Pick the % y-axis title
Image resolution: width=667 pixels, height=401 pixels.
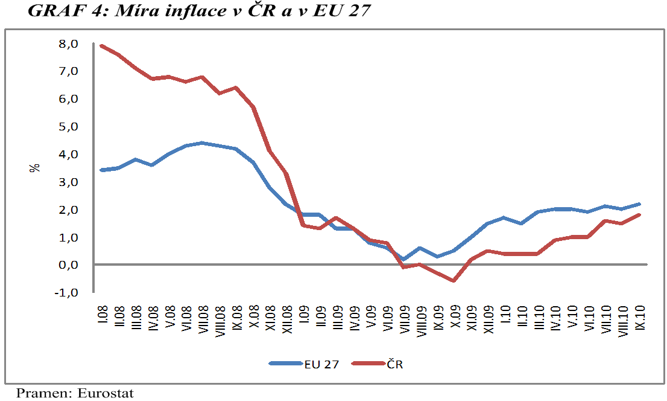[x=34, y=167]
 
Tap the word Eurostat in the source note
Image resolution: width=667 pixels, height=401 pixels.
[x=106, y=393]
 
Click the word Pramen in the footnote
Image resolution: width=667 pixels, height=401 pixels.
[x=43, y=393]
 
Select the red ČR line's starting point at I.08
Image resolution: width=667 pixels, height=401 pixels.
[x=102, y=46]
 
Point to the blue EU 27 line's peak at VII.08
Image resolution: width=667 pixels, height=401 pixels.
[x=202, y=143]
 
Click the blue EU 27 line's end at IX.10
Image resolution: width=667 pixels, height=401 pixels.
[x=639, y=204]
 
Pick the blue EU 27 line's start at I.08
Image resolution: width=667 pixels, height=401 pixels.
[x=102, y=170]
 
